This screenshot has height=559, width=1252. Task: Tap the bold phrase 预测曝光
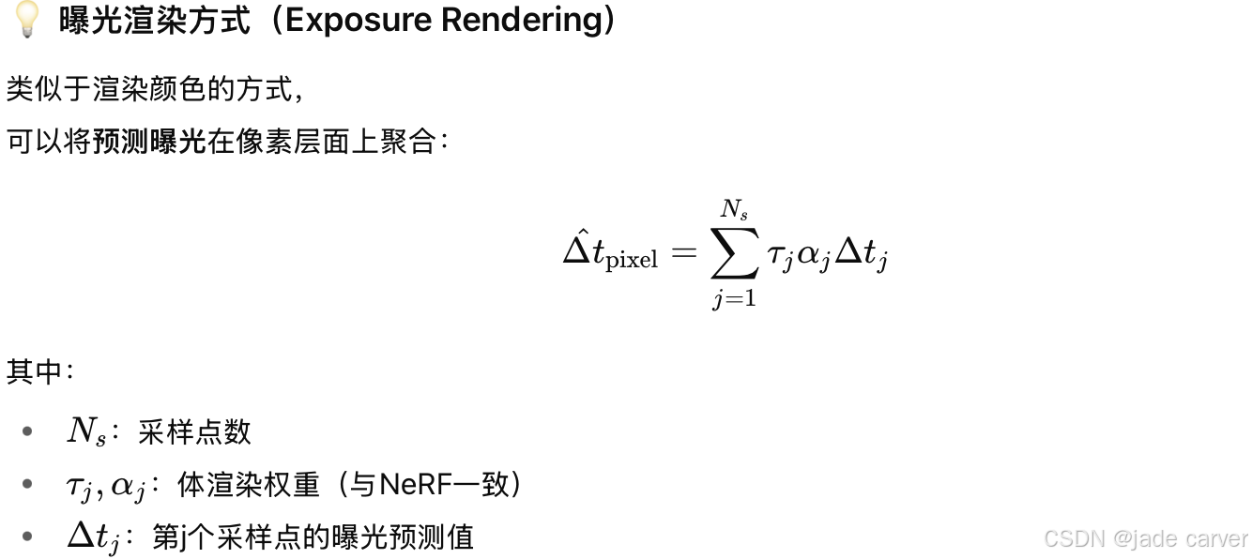click(148, 142)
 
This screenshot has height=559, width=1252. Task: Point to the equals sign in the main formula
click(684, 255)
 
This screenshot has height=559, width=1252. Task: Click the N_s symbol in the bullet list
click(85, 431)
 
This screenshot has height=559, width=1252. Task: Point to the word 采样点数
click(194, 431)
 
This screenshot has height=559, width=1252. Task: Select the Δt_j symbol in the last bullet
click(93, 537)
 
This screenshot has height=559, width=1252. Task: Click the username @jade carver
click(1181, 538)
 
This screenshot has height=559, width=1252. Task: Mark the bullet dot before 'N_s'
click(27, 431)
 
